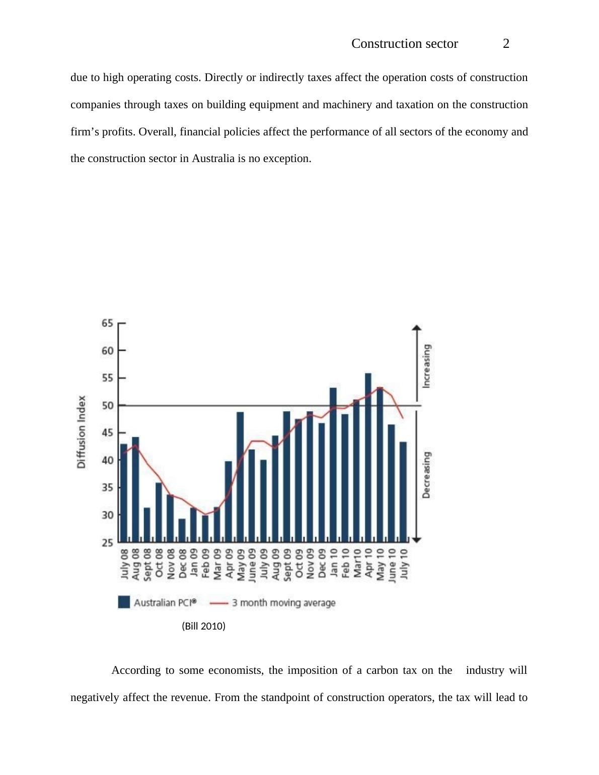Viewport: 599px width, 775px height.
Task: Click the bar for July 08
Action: [124, 493]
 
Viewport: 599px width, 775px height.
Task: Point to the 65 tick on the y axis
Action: [108, 323]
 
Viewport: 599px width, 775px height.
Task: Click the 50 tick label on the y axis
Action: [108, 406]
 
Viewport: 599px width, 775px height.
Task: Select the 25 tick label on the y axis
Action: [108, 542]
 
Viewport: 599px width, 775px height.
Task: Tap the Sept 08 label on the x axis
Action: [147, 565]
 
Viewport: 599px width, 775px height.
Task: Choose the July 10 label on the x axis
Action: [403, 565]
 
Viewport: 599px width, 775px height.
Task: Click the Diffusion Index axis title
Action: [82, 432]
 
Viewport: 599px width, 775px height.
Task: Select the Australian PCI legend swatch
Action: [124, 602]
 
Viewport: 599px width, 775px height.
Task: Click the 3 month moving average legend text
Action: [283, 603]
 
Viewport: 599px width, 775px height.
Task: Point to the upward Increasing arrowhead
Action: [416, 329]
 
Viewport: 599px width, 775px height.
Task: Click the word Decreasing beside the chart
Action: [426, 475]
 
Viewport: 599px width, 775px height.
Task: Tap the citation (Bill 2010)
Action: [203, 626]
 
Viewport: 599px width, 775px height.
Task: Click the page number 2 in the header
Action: [506, 44]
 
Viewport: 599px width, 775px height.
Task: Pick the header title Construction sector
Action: [404, 44]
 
